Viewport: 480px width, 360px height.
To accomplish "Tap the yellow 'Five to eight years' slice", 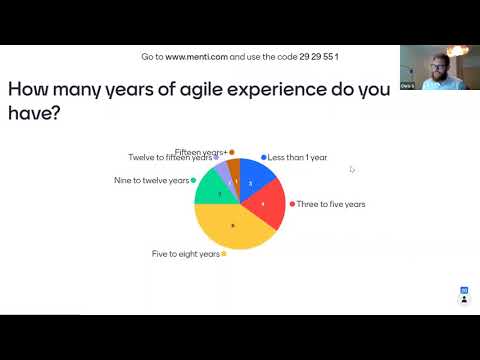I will pyautogui.click(x=232, y=228).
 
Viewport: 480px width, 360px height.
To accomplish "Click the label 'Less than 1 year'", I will pyautogui.click(x=298, y=158).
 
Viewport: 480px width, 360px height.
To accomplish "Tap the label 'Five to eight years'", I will pyautogui.click(x=186, y=254).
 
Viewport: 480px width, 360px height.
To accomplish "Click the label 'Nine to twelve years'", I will pyautogui.click(x=151, y=180).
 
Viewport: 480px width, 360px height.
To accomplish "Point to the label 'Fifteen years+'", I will pyautogui.click(x=201, y=152).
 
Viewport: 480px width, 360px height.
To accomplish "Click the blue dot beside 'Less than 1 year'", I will pyautogui.click(x=264, y=158).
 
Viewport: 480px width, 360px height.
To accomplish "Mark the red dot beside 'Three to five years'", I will pyautogui.click(x=292, y=204).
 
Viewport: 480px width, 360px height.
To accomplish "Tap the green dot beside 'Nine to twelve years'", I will pyautogui.click(x=193, y=180).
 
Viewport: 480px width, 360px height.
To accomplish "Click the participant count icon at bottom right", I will pyautogui.click(x=464, y=291).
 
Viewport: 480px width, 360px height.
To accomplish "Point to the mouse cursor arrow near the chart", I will pyautogui.click(x=351, y=169).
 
